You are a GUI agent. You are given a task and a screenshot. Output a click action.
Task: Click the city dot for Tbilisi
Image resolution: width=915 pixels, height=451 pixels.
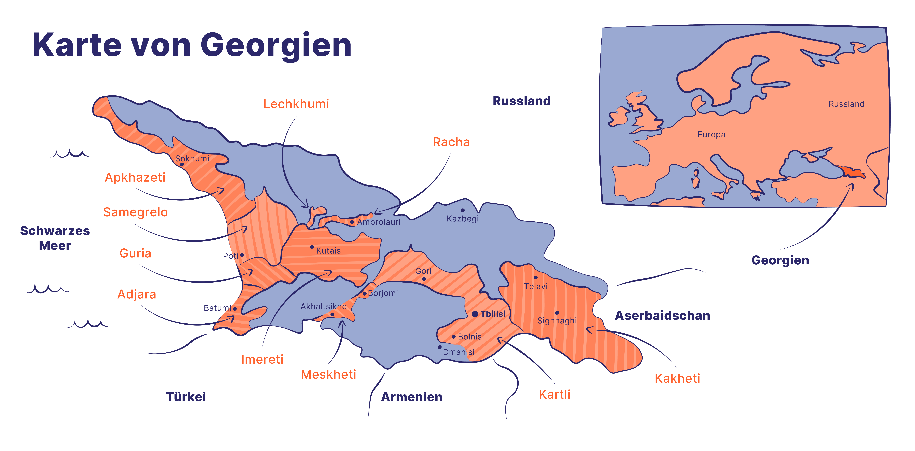[x=475, y=314]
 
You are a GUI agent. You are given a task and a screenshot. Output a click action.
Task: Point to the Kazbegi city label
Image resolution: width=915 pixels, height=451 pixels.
[x=463, y=219]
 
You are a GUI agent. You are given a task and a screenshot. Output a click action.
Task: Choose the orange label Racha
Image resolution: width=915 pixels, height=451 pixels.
[x=451, y=142]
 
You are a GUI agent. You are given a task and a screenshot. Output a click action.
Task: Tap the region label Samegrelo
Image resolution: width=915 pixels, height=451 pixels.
[x=135, y=212]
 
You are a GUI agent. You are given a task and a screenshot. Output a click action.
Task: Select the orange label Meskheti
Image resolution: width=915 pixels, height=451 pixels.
[x=328, y=374]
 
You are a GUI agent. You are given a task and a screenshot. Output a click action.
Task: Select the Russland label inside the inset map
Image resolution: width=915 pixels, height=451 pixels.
[x=846, y=104]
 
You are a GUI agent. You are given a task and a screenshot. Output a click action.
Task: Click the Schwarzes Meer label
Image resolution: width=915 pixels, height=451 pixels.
[x=55, y=238]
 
